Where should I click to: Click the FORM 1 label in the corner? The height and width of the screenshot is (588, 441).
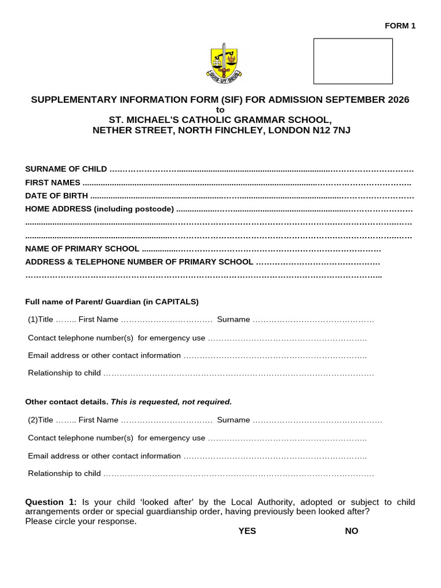(400, 25)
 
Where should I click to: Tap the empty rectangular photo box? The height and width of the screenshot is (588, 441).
(353, 61)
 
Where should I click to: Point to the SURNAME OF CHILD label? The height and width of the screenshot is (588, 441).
(66, 169)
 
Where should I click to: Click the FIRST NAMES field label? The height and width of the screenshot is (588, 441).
(53, 183)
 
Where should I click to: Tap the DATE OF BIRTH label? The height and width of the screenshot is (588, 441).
(57, 196)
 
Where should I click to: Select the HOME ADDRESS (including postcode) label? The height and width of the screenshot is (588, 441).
(99, 209)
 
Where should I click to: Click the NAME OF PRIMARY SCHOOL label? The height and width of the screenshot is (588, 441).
(82, 249)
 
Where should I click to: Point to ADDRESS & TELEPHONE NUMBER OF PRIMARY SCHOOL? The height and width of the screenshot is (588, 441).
(139, 262)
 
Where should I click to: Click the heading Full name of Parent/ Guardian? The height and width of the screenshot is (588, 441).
(112, 301)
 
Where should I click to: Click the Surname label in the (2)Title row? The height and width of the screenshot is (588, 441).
(233, 420)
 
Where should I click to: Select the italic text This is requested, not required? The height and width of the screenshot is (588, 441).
(171, 402)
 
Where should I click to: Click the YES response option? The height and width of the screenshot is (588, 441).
(247, 531)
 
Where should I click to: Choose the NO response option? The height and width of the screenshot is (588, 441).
(351, 531)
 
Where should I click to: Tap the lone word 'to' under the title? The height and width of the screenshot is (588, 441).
(220, 110)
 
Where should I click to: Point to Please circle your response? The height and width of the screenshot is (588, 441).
(81, 521)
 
